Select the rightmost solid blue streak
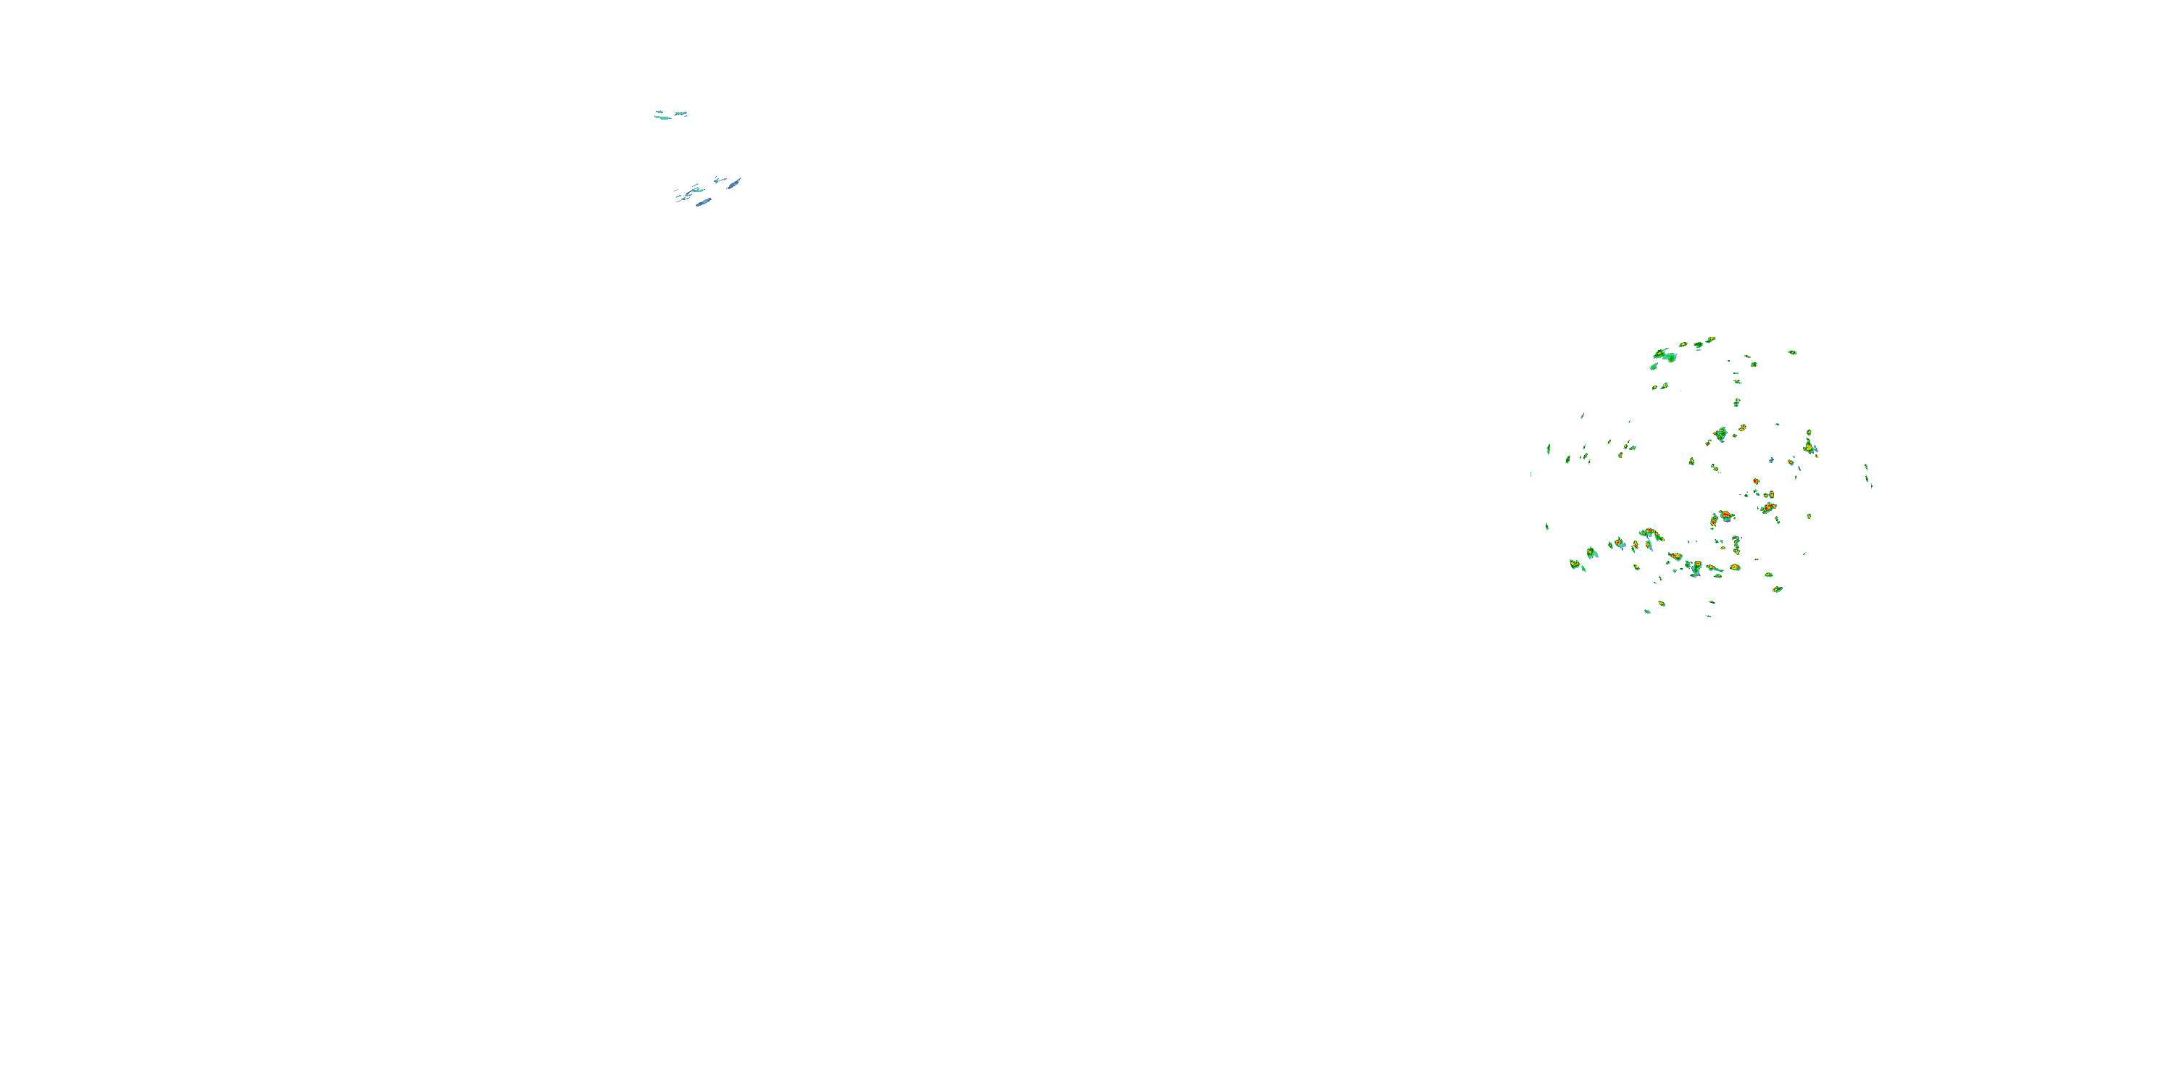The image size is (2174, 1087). (734, 183)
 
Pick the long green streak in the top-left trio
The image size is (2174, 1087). (663, 117)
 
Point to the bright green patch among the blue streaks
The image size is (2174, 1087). (697, 191)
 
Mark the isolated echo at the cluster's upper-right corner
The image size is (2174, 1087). (1793, 352)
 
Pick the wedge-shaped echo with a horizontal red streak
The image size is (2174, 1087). (1768, 507)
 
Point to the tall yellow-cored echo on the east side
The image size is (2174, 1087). (1809, 443)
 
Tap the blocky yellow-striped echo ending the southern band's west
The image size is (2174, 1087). (1575, 563)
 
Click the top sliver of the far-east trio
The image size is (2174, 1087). (1866, 466)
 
